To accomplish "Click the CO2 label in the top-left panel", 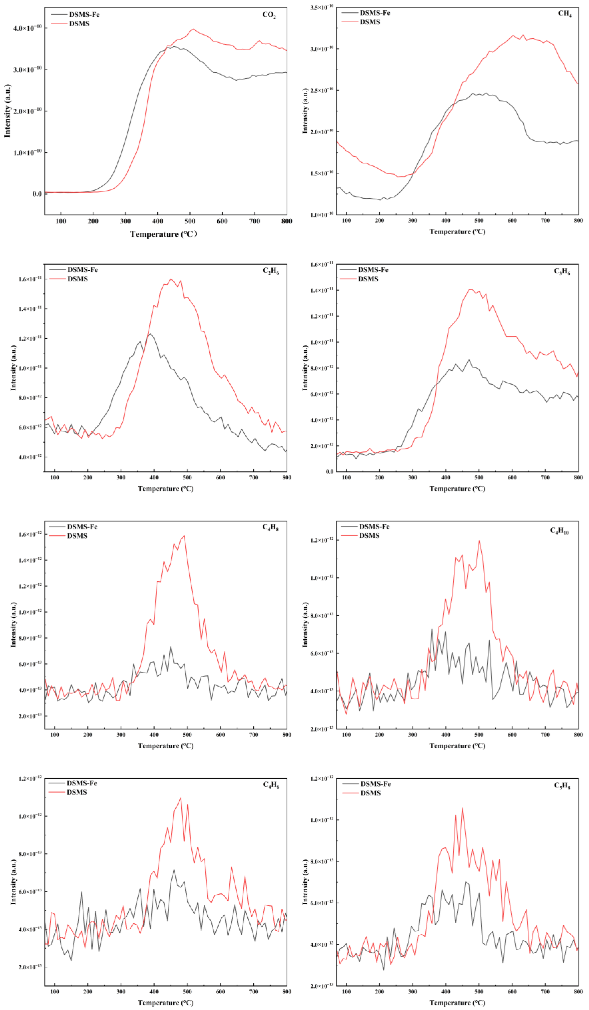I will tap(269, 15).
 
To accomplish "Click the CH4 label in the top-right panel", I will tap(565, 14).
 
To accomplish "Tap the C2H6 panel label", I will tap(270, 271).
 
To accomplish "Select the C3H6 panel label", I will tap(562, 271).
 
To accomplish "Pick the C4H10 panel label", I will tap(559, 531).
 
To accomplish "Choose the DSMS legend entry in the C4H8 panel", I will tap(77, 536).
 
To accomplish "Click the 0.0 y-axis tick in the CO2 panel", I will tap(37, 194).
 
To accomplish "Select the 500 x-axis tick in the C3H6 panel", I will tap(479, 477).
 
